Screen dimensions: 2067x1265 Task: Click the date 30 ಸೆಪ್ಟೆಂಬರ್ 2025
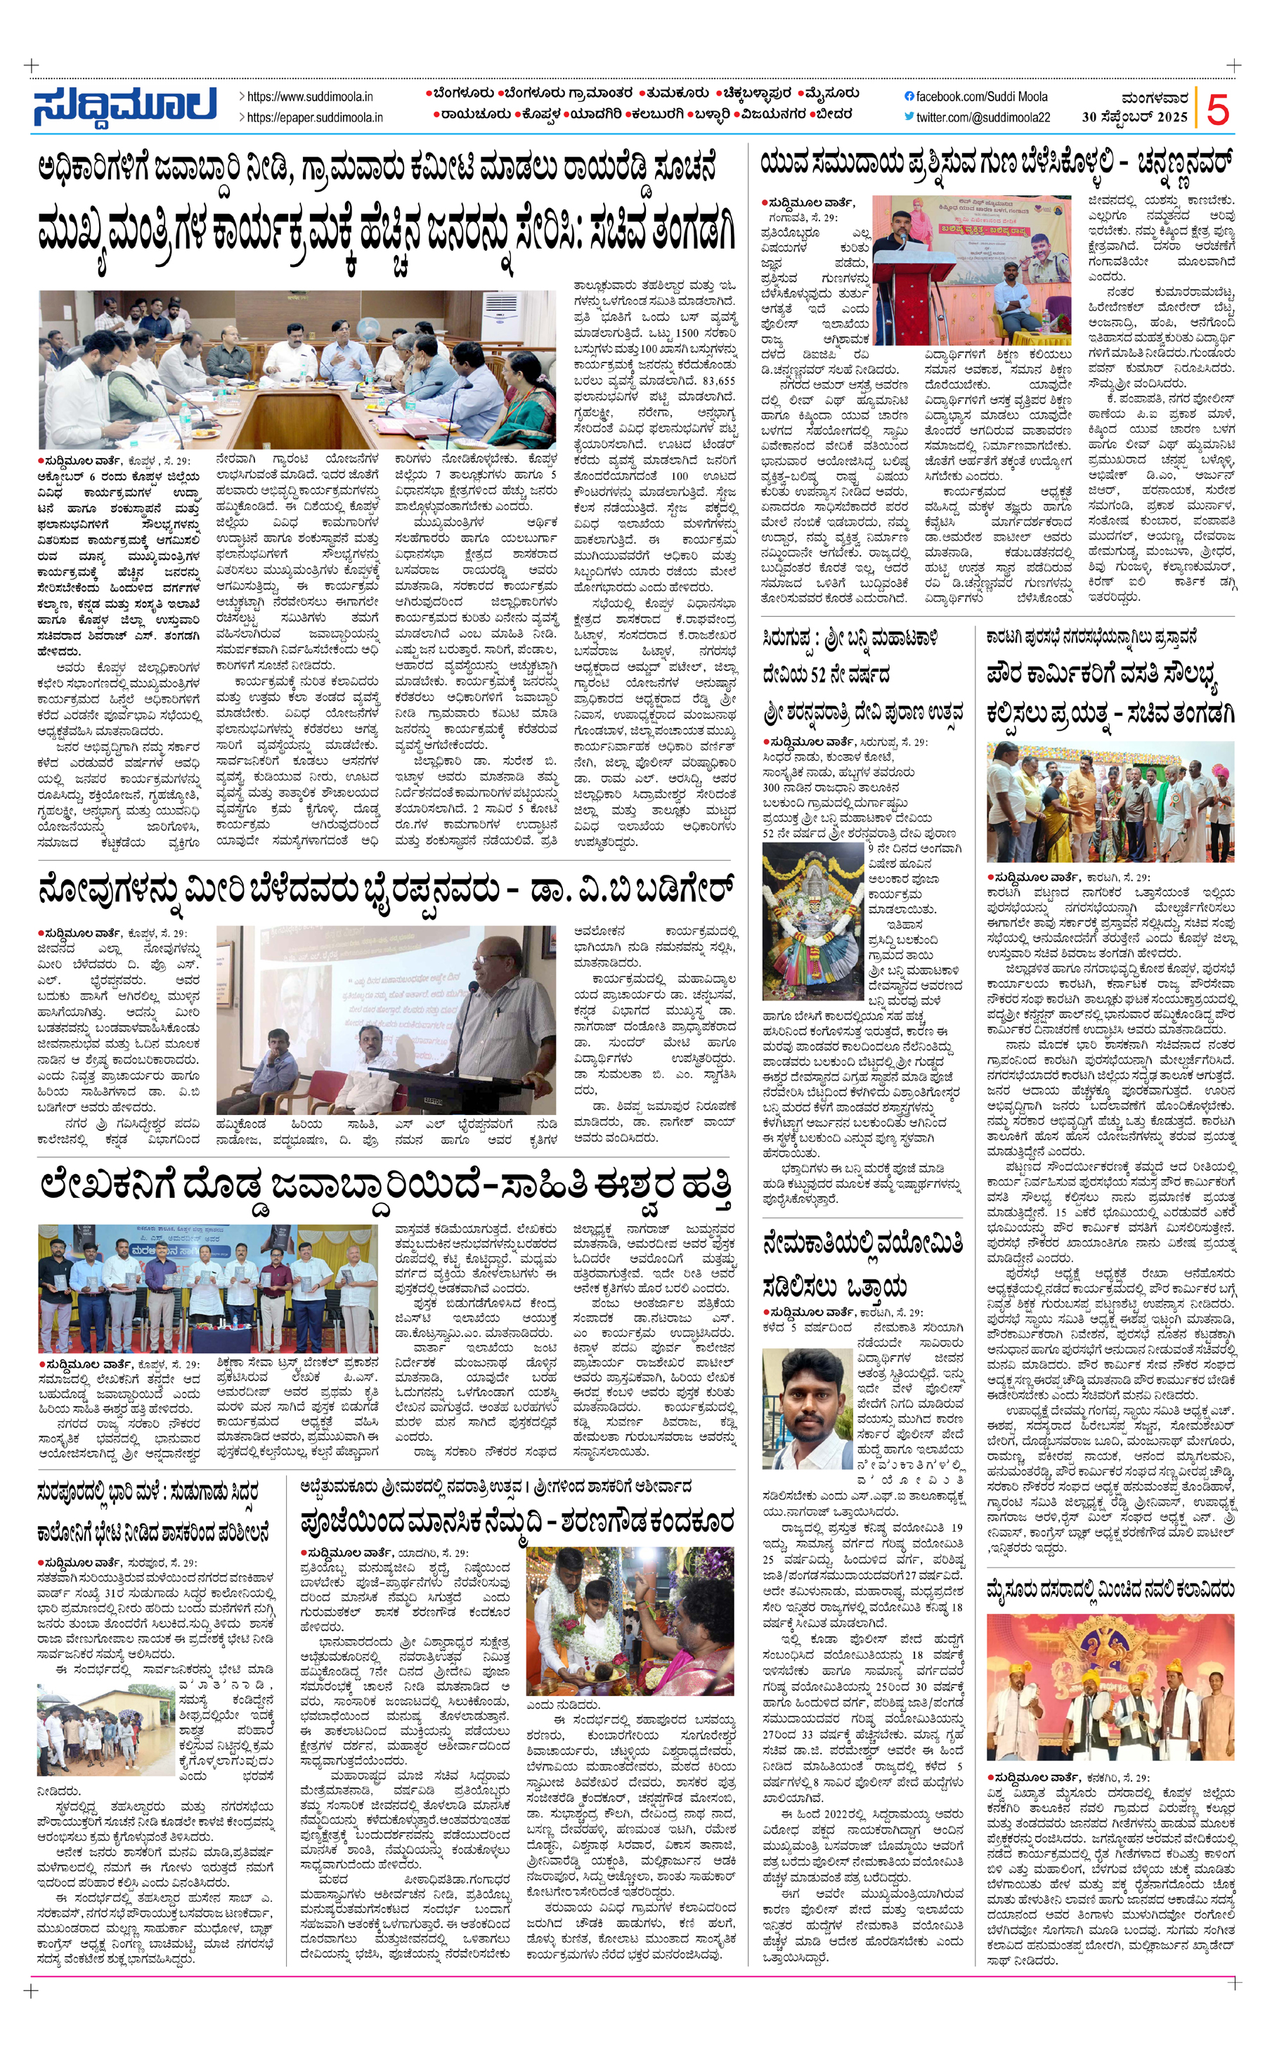[1134, 117]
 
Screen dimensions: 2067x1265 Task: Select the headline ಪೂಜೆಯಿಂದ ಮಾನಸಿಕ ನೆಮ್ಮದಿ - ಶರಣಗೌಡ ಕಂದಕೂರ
[517, 1521]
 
